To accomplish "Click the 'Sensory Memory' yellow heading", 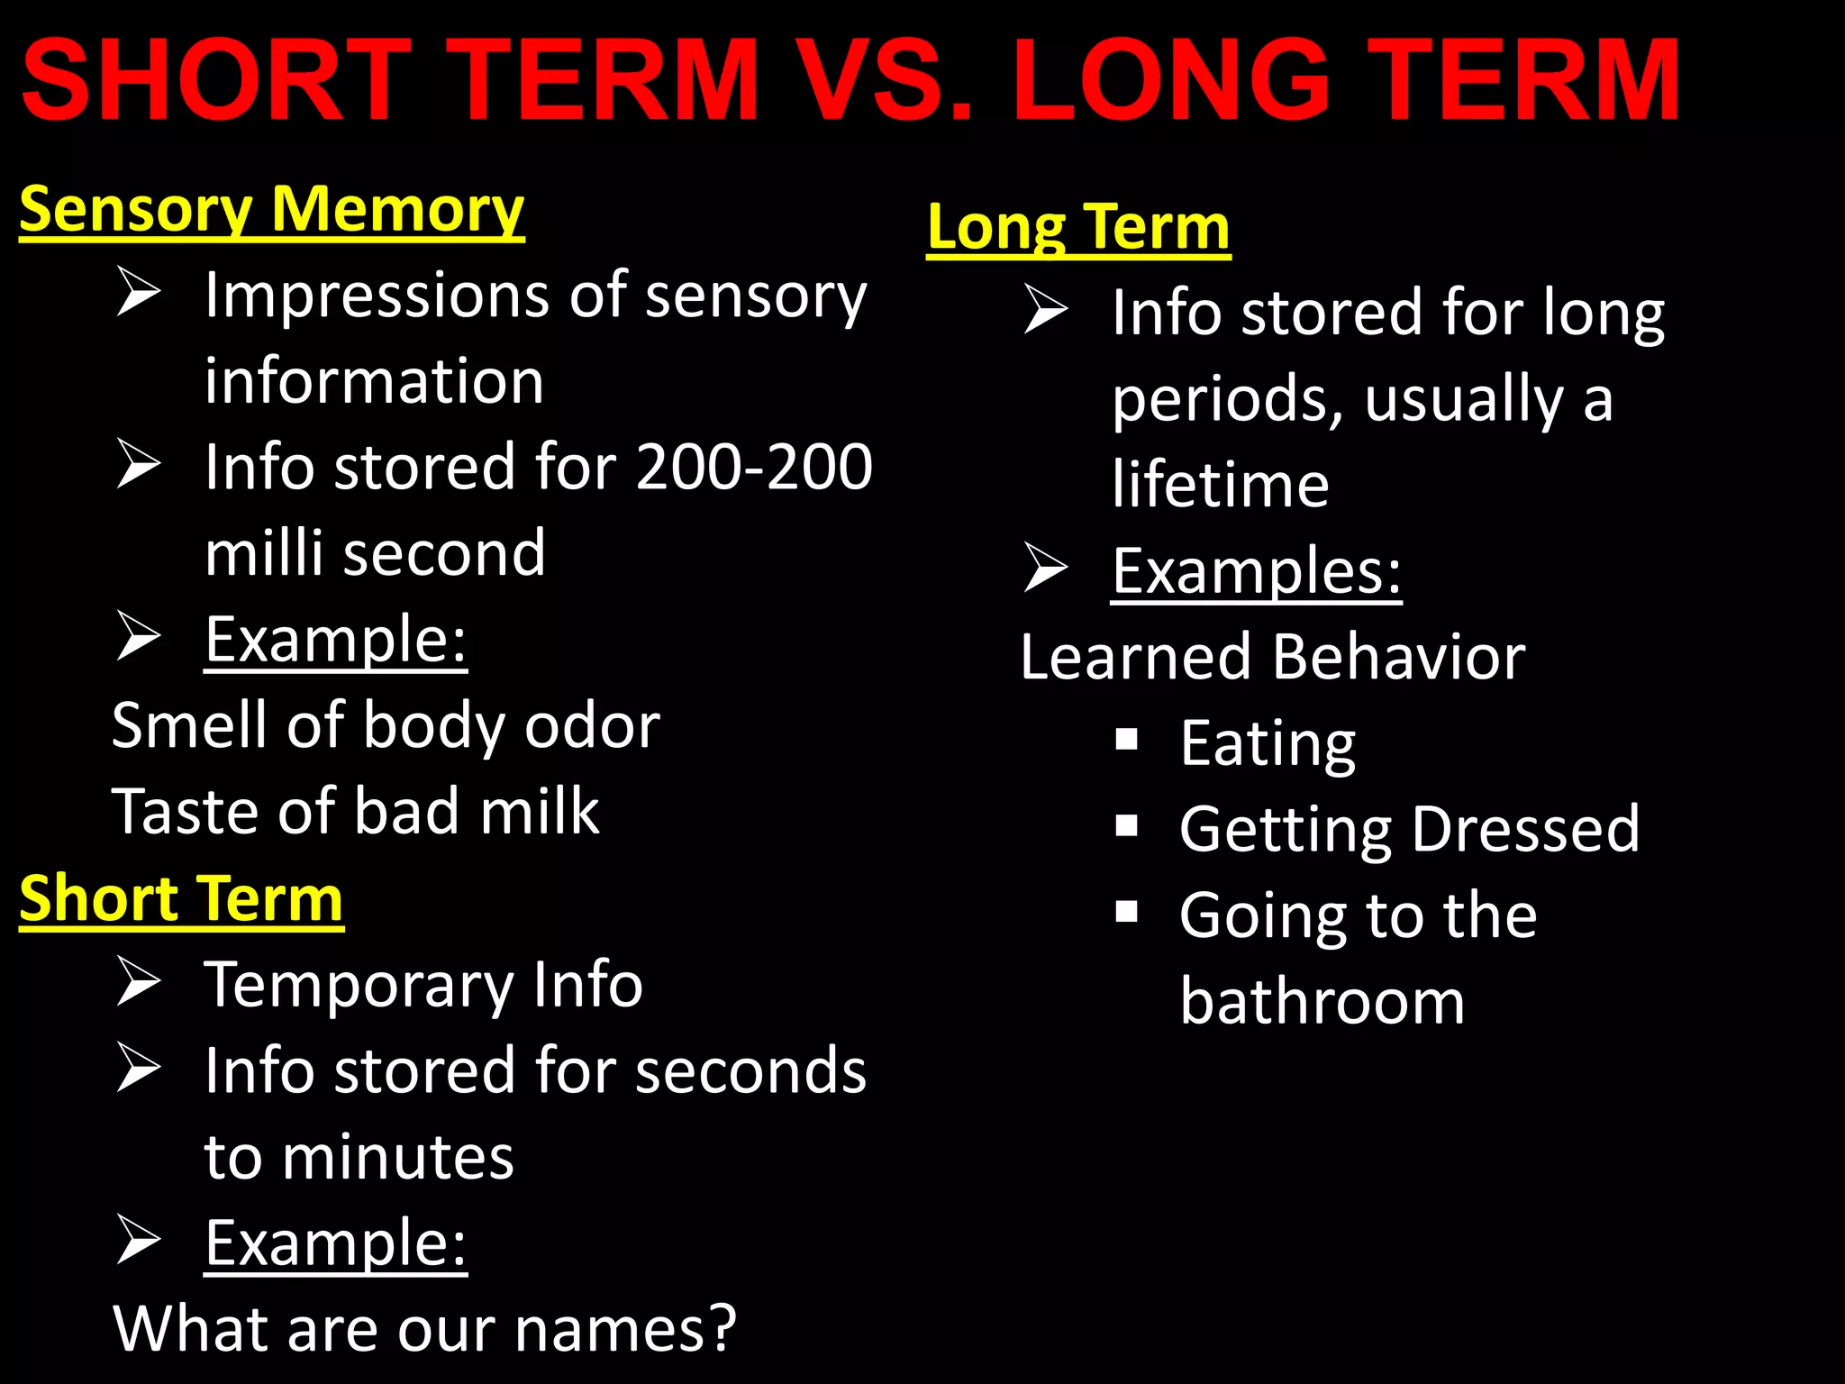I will (x=271, y=210).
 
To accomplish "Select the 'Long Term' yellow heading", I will (x=1078, y=227).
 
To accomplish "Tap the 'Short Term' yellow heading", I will (x=181, y=899).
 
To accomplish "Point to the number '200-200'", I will (x=754, y=467).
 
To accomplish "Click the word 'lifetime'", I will (x=1220, y=485).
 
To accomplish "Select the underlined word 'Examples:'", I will (x=1256, y=571).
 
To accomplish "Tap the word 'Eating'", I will (x=1268, y=744).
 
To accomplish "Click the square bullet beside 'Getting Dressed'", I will (x=1126, y=826).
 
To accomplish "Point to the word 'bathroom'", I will (x=1322, y=1002).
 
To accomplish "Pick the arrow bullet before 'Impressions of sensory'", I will (x=139, y=294).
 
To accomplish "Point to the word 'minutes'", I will (x=397, y=1158).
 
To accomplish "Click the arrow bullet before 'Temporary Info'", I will (x=139, y=982).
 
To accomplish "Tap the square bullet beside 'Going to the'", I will (x=1126, y=913).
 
